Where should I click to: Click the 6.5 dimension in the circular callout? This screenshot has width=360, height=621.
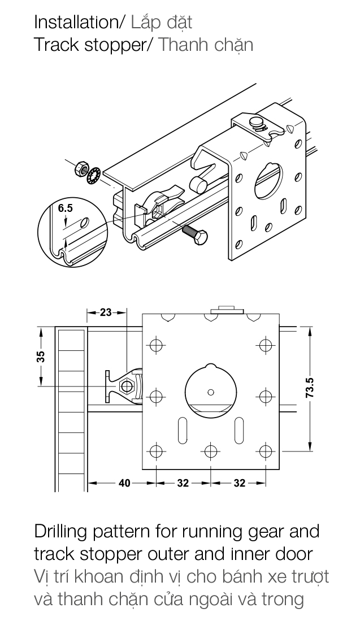tap(66, 208)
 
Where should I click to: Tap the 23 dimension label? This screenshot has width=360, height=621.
tap(106, 312)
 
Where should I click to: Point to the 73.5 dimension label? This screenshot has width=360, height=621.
tap(310, 388)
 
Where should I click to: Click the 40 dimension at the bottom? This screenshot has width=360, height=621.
tap(124, 483)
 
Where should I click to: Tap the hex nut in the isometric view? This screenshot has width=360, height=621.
tap(81, 168)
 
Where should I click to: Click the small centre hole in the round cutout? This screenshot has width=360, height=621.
tap(211, 392)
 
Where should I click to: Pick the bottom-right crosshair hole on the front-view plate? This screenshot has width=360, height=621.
tap(264, 451)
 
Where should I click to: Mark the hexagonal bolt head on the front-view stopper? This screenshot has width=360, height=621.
tap(127, 387)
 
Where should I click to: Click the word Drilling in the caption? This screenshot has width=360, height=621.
tap(63, 532)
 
